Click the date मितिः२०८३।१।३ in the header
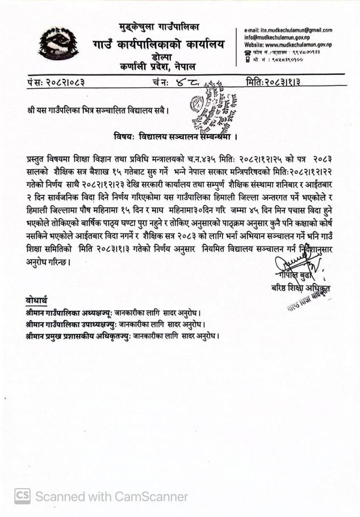click(273, 83)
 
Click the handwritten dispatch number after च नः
click(187, 84)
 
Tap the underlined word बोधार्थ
click(36, 300)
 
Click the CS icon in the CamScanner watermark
click(22, 497)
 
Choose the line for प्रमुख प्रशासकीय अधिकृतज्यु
click(122, 336)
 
